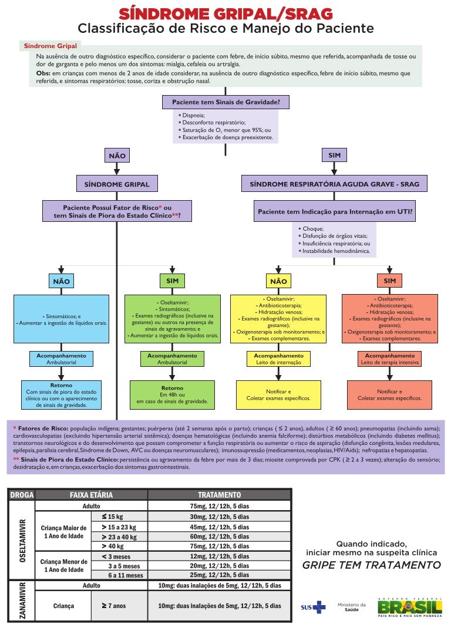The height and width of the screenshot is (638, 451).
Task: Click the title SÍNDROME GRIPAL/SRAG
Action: (226, 13)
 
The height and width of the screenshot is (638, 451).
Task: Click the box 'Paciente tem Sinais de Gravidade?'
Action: (226, 102)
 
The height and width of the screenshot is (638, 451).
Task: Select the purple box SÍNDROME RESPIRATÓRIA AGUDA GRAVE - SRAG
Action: (334, 184)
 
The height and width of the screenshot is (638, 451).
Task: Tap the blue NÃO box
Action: (61, 281)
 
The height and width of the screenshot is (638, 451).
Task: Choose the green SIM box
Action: (172, 281)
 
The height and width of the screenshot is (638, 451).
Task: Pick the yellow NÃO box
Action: (278, 281)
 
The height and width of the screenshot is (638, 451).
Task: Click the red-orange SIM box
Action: (389, 281)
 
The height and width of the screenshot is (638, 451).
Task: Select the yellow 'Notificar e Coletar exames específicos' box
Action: (278, 394)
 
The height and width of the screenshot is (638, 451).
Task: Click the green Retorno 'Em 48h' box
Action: (172, 395)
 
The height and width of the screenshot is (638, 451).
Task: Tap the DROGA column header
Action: (22, 495)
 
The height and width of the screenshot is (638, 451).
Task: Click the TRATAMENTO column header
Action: (219, 495)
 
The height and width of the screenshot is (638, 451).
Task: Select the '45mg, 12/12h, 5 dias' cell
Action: (219, 527)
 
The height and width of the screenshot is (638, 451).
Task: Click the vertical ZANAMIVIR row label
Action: (22, 602)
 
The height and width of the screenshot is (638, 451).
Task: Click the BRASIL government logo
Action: (409, 606)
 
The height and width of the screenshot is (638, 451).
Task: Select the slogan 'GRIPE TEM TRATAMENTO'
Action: (371, 565)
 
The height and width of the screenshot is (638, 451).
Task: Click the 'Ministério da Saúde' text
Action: (351, 606)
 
